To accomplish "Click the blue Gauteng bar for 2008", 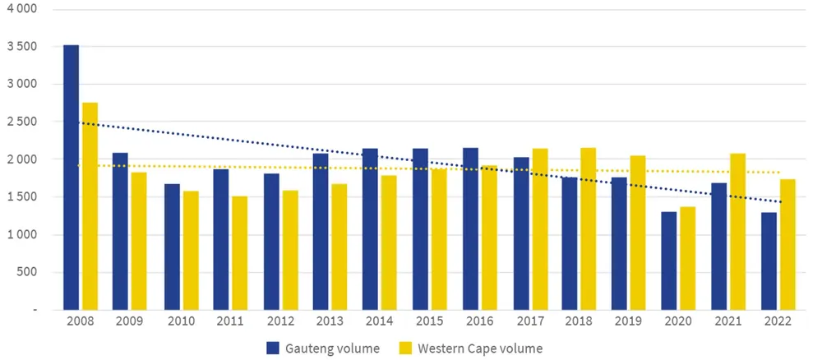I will coord(72,177).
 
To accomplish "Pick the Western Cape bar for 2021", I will coord(738,231).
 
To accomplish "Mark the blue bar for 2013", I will coord(321,231).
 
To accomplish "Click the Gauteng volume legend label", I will coord(333,348).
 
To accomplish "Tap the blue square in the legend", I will coord(273,348).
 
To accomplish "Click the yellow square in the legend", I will coord(404,348).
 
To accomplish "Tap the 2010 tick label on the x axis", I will coord(180,323).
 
